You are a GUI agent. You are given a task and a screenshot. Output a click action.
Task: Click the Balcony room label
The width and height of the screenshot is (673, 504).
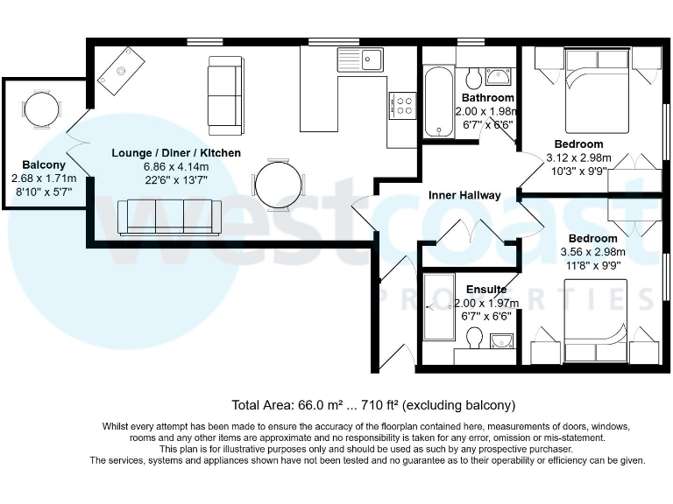[44, 165]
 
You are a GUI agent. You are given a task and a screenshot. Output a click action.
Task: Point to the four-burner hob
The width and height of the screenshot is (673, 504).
[403, 106]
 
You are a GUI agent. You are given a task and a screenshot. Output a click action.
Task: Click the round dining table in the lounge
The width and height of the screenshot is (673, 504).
[280, 183]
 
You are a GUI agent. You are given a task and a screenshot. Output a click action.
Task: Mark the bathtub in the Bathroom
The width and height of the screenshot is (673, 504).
[436, 102]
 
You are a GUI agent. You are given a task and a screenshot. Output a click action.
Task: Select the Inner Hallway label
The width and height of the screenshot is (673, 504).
[464, 195]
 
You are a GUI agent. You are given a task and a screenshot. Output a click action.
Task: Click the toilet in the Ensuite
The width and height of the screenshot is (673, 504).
[475, 337]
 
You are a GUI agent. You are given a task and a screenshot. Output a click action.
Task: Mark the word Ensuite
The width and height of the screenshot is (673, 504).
[486, 290]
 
